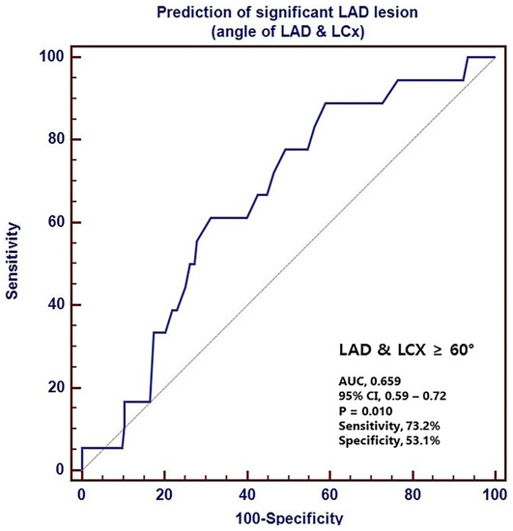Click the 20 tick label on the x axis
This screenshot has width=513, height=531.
164,495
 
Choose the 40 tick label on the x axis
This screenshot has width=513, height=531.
247,495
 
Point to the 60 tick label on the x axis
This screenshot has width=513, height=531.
330,495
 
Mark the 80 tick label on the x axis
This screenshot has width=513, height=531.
413,495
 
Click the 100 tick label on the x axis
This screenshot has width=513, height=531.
496,495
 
